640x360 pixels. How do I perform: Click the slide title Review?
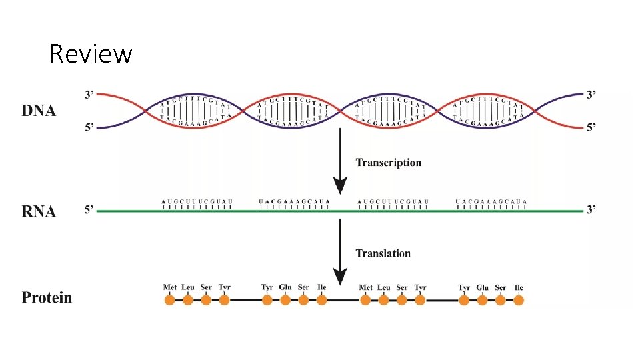[91, 53]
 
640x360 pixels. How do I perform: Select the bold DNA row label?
[39, 111]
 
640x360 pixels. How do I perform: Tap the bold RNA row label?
[39, 211]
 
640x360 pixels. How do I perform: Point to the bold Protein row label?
[47, 297]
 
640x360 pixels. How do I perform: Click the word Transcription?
[388, 163]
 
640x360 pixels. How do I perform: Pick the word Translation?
[383, 253]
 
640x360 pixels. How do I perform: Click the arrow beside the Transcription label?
[341, 160]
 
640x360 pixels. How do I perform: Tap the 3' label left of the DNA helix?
[89, 95]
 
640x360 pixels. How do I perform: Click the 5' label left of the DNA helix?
[89, 128]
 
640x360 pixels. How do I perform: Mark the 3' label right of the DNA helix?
[591, 95]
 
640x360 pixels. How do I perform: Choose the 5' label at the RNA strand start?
[89, 211]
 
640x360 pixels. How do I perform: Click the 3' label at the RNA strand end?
[591, 211]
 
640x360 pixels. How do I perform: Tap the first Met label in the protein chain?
[170, 287]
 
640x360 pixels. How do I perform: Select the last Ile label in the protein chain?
[519, 287]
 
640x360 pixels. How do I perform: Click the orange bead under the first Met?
[169, 301]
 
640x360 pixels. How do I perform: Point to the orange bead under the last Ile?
[519, 301]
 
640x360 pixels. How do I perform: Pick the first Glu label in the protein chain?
[285, 287]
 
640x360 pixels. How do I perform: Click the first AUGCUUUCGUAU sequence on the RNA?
[197, 201]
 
